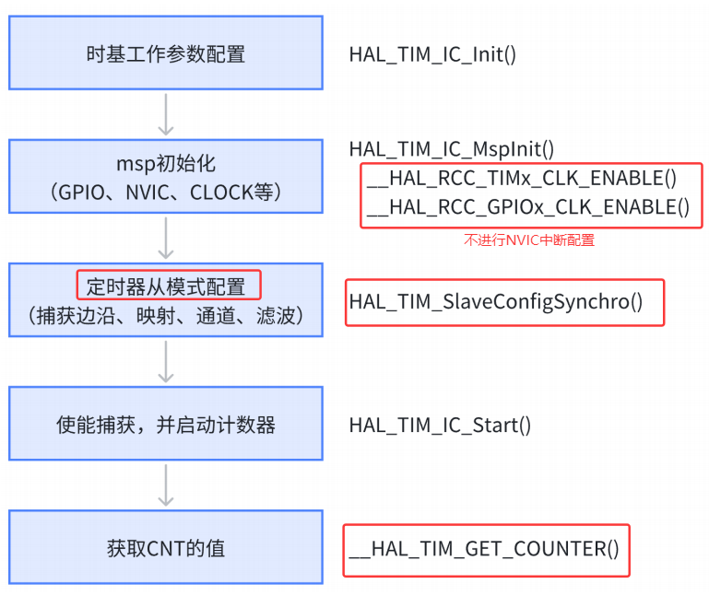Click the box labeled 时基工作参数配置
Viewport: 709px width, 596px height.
coord(166,53)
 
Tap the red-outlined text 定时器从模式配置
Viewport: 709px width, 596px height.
coord(168,286)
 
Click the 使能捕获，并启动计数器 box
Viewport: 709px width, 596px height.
coord(166,425)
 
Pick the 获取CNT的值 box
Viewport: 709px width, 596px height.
coord(166,549)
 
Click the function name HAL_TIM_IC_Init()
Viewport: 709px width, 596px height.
coord(431,53)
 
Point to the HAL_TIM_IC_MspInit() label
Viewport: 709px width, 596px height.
coord(451,148)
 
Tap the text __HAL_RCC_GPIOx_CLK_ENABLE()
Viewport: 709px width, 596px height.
coord(527,207)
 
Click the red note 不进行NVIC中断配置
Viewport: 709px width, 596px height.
coord(528,240)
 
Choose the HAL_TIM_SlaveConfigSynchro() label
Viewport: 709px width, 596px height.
coord(496,302)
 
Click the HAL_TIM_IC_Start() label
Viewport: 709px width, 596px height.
coord(440,425)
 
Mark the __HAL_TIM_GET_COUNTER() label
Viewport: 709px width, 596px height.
coord(484,550)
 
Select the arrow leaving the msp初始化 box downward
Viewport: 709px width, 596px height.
coord(166,237)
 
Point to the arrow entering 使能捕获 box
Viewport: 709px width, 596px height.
coord(166,361)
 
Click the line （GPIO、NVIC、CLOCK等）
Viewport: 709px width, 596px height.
coord(166,193)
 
